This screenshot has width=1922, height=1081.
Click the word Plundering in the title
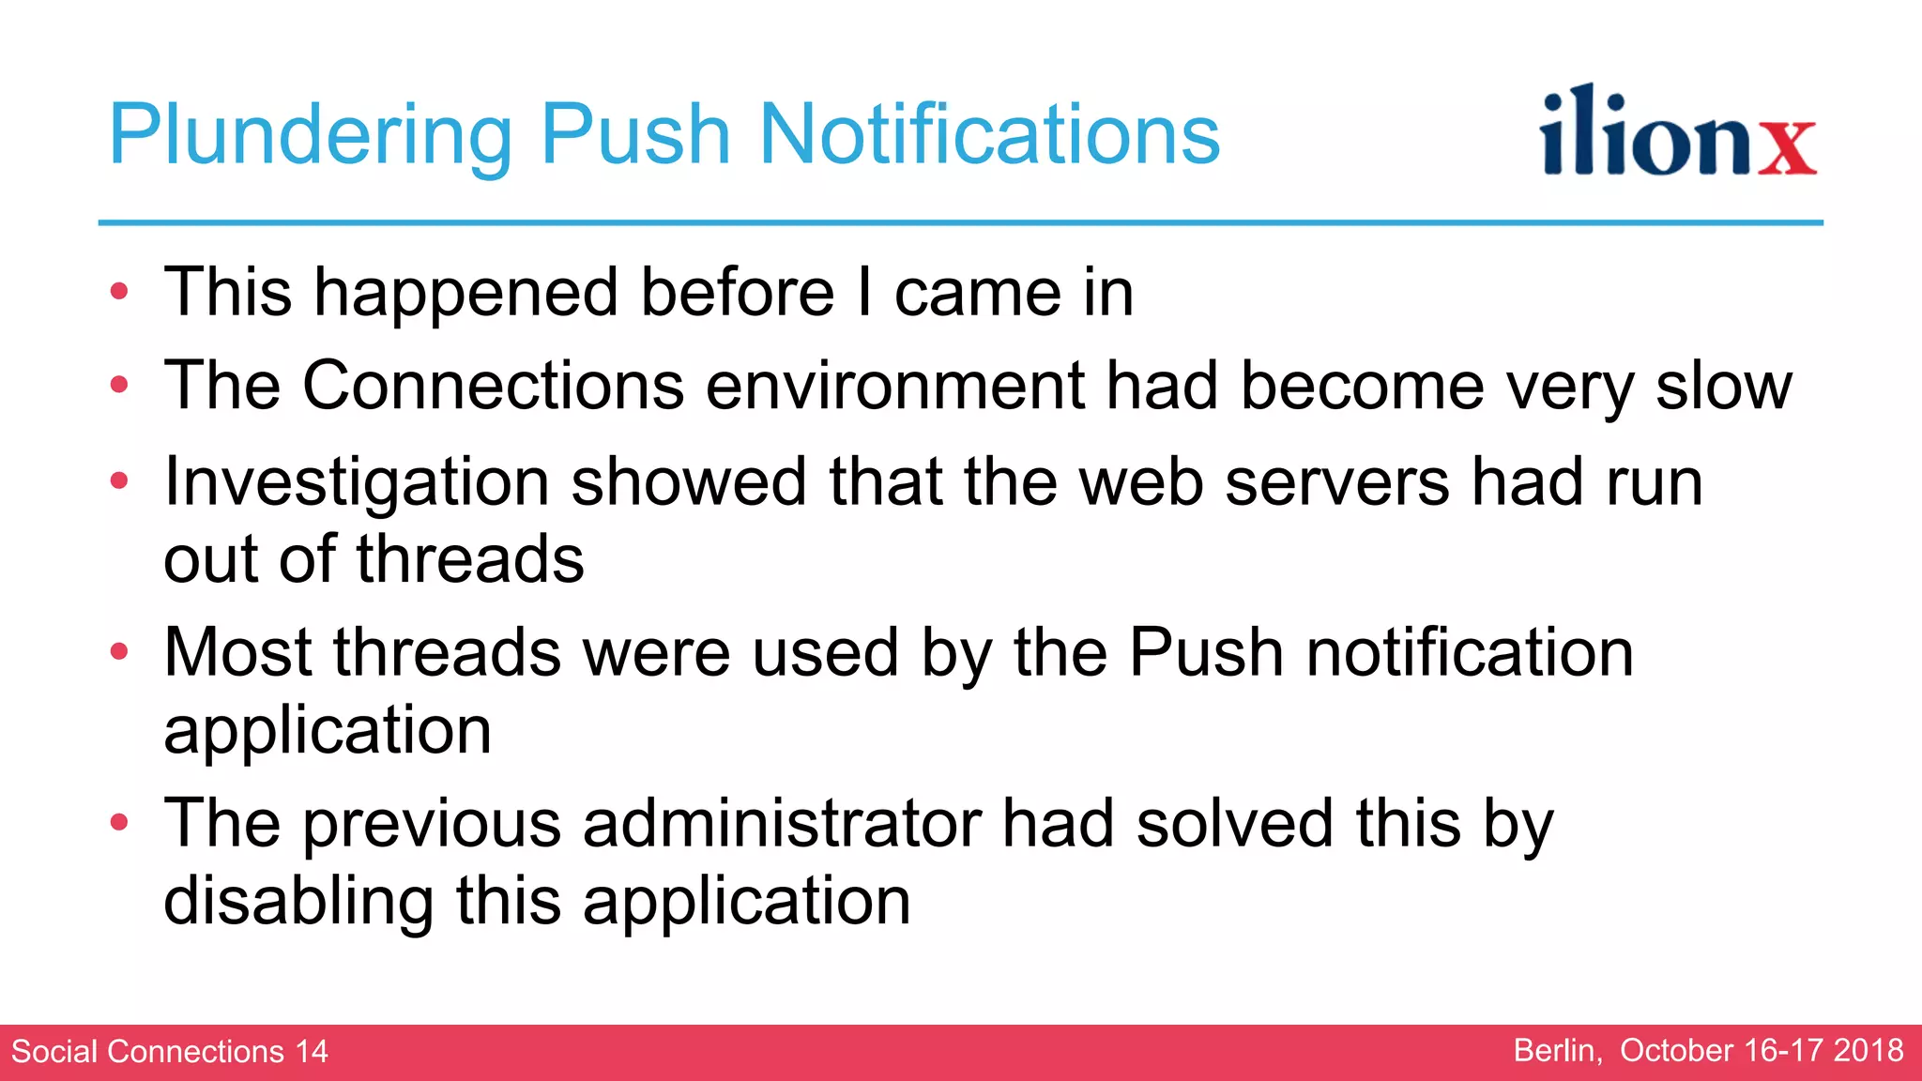click(x=311, y=136)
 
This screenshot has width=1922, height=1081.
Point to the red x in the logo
click(x=1787, y=147)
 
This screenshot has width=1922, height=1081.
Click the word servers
click(x=1337, y=481)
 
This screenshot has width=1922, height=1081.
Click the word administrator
click(x=781, y=824)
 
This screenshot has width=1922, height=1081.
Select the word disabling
click(x=298, y=901)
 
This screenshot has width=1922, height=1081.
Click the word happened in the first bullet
click(x=465, y=293)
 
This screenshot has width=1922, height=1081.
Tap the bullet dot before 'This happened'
click(x=118, y=291)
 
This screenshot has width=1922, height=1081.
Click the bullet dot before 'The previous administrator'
click(x=118, y=823)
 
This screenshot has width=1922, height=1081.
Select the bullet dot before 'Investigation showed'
click(x=118, y=481)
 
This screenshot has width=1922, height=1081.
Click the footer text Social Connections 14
click(x=170, y=1051)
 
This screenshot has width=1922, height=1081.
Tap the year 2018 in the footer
click(x=1868, y=1050)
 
